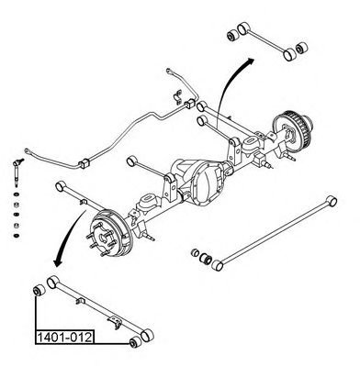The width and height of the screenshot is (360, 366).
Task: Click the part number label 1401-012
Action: coord(64,338)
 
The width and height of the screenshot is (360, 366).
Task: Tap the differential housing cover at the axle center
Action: coord(205,183)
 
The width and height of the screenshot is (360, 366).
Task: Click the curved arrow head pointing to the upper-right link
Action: coord(250,61)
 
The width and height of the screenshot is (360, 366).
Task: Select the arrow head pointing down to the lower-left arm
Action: coord(57,262)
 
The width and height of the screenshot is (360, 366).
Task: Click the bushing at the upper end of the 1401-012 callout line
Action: coord(39,290)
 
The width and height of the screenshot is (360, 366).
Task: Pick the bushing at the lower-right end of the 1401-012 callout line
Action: coord(136,342)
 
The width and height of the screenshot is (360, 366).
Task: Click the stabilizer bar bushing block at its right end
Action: coord(190,104)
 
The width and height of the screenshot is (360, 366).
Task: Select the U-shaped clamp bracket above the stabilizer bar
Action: coord(176,96)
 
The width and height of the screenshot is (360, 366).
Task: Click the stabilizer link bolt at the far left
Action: coord(17,172)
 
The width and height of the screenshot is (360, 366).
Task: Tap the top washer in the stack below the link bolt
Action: coord(17,194)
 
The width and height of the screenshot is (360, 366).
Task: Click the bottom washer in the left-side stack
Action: coord(17,236)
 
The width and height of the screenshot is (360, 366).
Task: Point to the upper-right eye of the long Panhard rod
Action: coord(332,201)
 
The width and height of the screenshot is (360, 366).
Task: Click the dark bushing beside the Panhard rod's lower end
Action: coord(205,260)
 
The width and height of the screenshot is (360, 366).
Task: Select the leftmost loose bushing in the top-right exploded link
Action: coord(234,36)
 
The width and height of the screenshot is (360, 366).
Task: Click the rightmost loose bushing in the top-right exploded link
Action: coord(302,48)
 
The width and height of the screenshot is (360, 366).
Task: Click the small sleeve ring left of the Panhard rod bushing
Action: coord(195,252)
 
